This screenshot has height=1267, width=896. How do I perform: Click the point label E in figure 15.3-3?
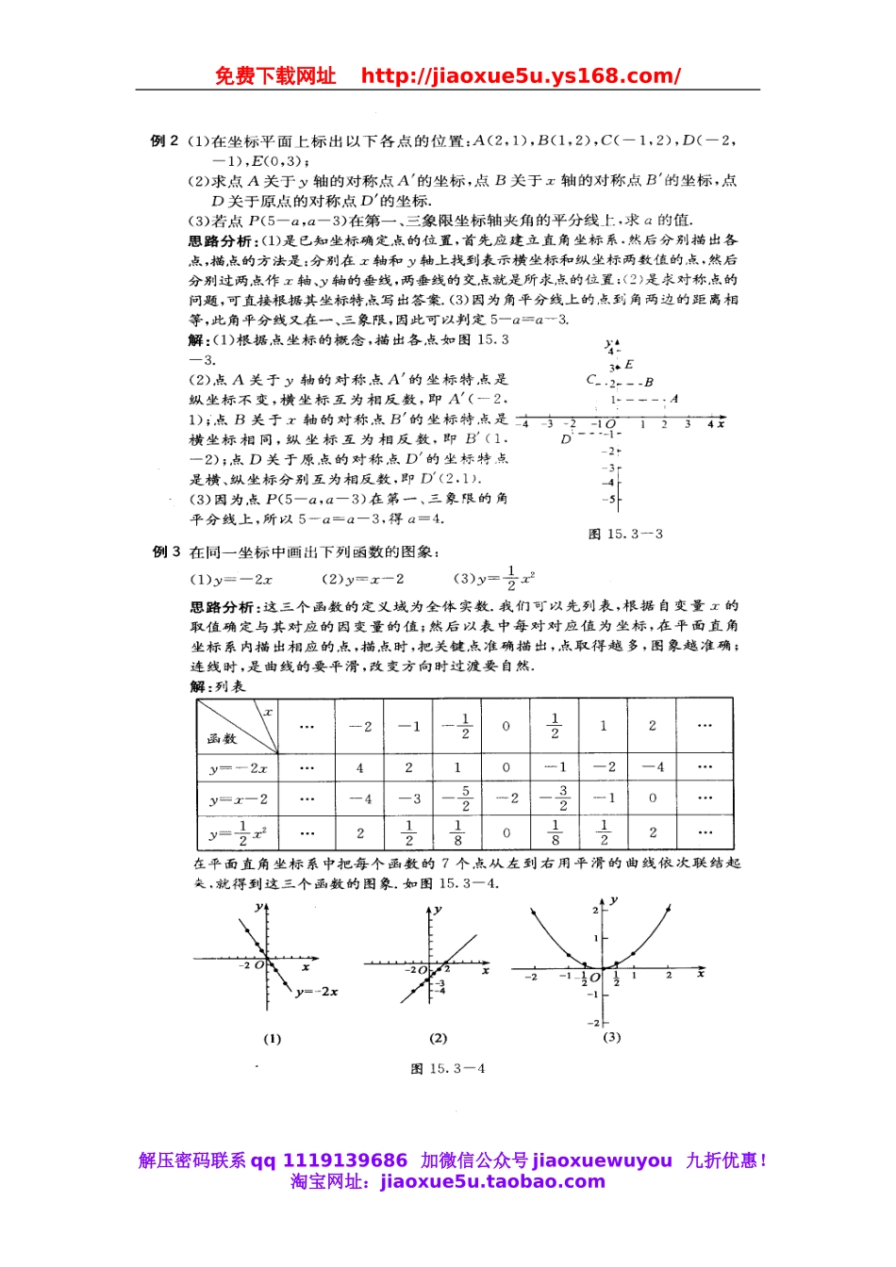pos(629,364)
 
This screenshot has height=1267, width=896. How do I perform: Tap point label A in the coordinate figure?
pos(674,399)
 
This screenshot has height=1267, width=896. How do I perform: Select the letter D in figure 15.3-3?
pos(566,439)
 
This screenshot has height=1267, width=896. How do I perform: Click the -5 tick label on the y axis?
pos(610,500)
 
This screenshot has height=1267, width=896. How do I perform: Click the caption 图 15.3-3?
pos(625,534)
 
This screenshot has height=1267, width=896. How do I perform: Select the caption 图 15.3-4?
pos(448,1068)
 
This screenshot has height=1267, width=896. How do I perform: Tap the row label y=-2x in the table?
pos(238,767)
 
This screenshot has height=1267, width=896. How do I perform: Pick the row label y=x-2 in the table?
pos(238,798)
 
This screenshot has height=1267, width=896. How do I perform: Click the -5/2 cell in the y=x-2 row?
pos(457,798)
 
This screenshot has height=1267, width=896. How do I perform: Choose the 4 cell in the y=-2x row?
pos(359,767)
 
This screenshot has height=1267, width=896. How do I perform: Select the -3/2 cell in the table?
pos(555,798)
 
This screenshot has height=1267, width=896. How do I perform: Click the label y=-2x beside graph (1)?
pos(316,992)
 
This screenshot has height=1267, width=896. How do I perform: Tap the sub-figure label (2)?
pos(438,1038)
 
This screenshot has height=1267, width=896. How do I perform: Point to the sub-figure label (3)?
pos(611,1036)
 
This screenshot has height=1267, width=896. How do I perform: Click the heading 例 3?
pos(166,551)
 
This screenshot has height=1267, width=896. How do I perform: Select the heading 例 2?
pos(164,140)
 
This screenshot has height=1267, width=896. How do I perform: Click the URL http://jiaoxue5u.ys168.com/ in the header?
pos(521,76)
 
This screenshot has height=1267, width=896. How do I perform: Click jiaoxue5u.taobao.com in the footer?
pos(492,1181)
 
